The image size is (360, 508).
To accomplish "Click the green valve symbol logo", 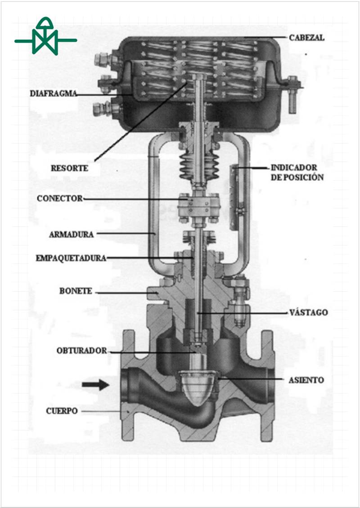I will (x=45, y=36).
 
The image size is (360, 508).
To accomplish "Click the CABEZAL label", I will (x=306, y=38).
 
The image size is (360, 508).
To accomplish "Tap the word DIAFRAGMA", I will (x=53, y=94).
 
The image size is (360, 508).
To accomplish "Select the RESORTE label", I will (x=69, y=168).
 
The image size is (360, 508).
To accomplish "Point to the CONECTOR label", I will (x=59, y=198).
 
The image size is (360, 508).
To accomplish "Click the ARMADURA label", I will (x=71, y=234).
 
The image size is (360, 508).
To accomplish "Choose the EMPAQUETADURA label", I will (x=71, y=258).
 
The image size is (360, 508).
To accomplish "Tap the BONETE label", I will (x=76, y=291).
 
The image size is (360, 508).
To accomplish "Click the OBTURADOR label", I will (x=81, y=350).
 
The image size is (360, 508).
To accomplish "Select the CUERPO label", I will (x=62, y=411).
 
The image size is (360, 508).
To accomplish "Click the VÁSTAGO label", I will (x=308, y=312).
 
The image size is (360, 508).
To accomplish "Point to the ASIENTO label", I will (x=306, y=380).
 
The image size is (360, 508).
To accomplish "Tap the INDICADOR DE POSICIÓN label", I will (x=297, y=172).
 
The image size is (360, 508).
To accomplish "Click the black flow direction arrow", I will (x=95, y=385).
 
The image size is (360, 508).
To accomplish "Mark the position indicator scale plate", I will (x=235, y=198).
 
